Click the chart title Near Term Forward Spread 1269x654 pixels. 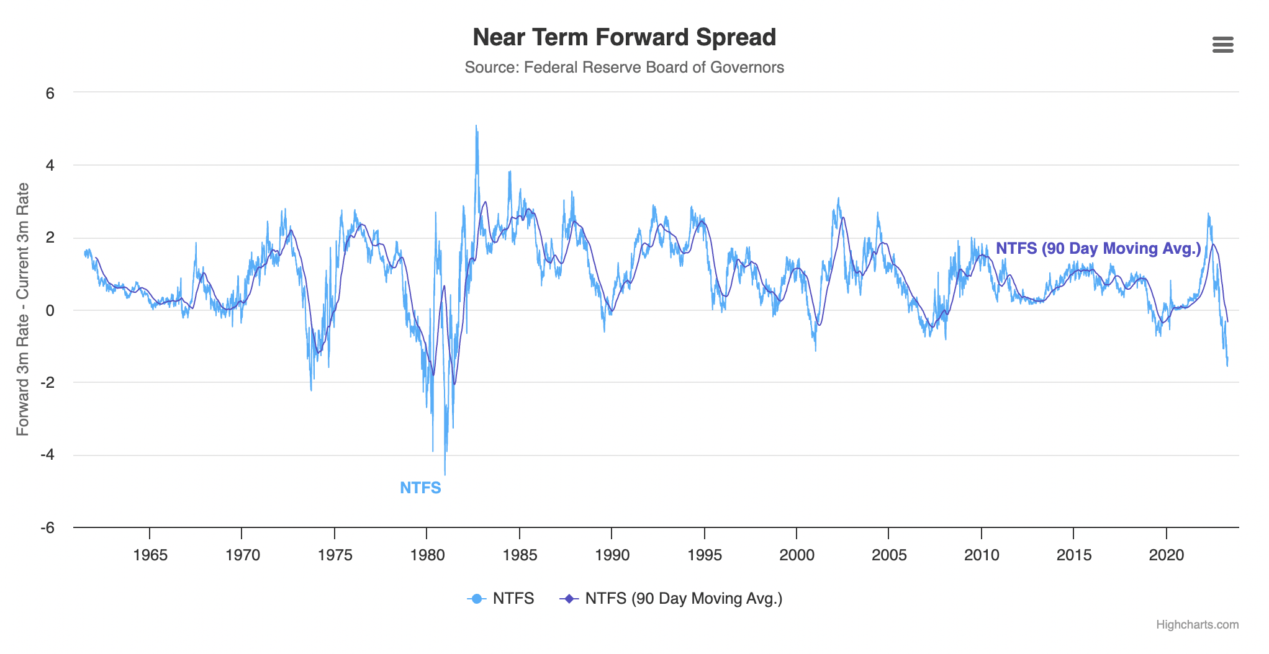624,37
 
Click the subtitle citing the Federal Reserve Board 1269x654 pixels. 624,67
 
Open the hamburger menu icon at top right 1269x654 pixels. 1222,45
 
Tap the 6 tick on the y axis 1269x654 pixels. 50,93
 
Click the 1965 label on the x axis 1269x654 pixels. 150,555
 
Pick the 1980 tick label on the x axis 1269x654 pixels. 427,555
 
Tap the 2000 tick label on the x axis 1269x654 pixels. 797,555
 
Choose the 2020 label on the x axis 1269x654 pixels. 1167,555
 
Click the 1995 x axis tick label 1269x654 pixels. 705,555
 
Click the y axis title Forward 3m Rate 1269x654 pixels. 22,309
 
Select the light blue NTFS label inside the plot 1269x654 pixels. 420,488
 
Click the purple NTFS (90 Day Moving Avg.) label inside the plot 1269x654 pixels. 1098,248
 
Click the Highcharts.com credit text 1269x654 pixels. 1197,625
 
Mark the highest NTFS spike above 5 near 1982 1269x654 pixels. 476,127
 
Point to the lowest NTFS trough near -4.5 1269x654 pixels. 445,473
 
